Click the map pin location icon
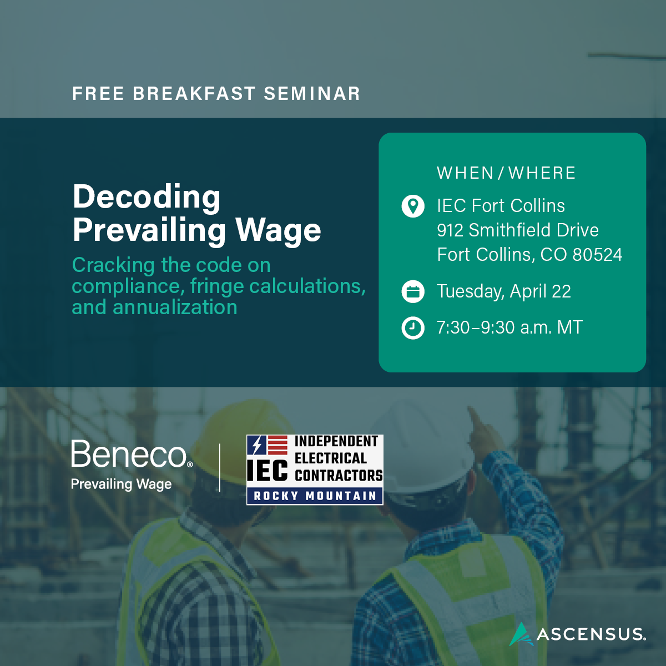(x=413, y=206)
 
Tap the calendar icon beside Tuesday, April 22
(x=413, y=292)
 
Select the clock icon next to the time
(x=413, y=327)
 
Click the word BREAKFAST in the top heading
(x=194, y=94)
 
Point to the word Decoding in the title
(x=147, y=198)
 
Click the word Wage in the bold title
(x=278, y=231)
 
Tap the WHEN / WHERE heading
(x=506, y=173)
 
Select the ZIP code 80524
(x=597, y=255)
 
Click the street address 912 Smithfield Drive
(x=518, y=230)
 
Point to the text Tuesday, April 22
(x=503, y=291)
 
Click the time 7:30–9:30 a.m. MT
(x=509, y=327)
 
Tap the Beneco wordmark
(x=132, y=454)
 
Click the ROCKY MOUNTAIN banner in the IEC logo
(x=315, y=496)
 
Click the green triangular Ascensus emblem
(x=522, y=634)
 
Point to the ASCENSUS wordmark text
(x=591, y=634)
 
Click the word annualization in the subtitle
(x=175, y=307)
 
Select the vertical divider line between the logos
(x=220, y=468)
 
